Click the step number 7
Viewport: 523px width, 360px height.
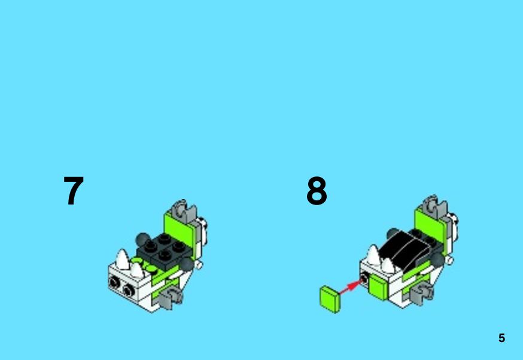tap(74, 191)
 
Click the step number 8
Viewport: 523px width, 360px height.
tap(317, 191)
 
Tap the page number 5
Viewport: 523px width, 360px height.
tap(501, 338)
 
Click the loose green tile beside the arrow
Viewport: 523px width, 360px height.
tap(330, 299)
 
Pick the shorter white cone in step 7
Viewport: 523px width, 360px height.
tap(137, 270)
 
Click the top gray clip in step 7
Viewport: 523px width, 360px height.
tap(184, 211)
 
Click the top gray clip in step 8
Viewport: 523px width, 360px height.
tap(434, 207)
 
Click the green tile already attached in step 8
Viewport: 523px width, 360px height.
tap(378, 287)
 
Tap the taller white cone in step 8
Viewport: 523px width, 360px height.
tap(373, 255)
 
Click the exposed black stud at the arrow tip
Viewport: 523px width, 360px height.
tap(365, 279)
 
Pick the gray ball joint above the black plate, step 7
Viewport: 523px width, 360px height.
tap(142, 239)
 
